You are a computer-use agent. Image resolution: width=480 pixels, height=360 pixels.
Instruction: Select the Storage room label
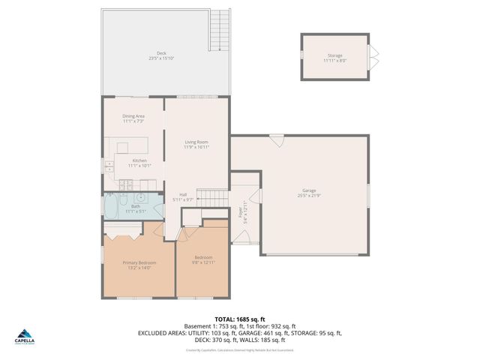[x=334, y=56]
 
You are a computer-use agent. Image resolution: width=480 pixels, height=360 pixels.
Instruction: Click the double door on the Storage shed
[x=373, y=56]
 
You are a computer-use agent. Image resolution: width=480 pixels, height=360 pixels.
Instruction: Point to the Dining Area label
[x=133, y=116]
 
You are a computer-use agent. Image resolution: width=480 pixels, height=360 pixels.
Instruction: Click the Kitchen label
[x=139, y=160]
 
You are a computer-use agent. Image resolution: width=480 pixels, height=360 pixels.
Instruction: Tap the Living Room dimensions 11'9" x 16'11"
[x=196, y=147]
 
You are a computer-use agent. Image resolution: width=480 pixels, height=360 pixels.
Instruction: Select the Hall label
[x=183, y=194]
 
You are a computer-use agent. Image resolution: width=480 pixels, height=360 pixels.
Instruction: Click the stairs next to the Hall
[x=215, y=196]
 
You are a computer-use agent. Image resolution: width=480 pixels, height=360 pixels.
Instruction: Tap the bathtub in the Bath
[x=109, y=208]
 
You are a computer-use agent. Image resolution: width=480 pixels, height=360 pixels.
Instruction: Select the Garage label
[x=309, y=191]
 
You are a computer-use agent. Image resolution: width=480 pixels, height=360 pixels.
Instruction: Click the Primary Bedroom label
[x=139, y=262]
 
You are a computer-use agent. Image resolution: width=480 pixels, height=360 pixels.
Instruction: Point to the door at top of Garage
[x=277, y=139]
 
